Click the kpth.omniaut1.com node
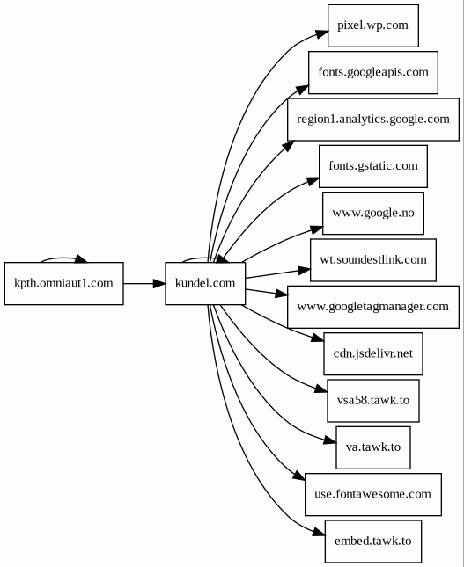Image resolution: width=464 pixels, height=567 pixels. (x=63, y=283)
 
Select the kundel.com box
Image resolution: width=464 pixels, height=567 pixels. (x=205, y=283)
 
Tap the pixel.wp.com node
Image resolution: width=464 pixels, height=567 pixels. (x=373, y=25)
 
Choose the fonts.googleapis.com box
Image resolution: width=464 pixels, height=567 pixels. (x=373, y=73)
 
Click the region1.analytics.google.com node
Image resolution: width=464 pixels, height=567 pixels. (x=373, y=120)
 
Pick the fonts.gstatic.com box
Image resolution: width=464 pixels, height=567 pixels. (x=373, y=166)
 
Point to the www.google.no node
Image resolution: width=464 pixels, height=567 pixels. (x=373, y=213)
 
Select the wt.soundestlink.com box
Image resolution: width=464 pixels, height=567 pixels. (x=373, y=260)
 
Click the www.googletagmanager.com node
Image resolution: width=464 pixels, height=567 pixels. (x=373, y=307)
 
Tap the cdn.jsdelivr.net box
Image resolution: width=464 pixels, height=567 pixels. (x=373, y=353)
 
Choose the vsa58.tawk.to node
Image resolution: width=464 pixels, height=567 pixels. (x=373, y=401)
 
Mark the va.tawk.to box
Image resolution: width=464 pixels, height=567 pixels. (x=373, y=447)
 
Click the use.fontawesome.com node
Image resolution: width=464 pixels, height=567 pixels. (x=373, y=494)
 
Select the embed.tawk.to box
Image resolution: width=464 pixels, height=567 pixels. (x=373, y=542)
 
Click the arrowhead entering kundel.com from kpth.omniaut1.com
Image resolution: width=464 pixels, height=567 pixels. (x=159, y=283)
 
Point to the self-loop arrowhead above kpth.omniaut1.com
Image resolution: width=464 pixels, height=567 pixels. (x=82, y=258)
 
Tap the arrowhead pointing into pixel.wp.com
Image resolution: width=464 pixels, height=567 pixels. (x=321, y=34)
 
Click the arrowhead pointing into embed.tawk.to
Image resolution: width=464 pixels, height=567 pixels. (x=319, y=532)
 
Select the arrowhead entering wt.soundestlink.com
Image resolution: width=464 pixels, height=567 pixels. (x=305, y=270)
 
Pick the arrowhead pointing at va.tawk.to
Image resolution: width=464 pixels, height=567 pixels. (x=329, y=440)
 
